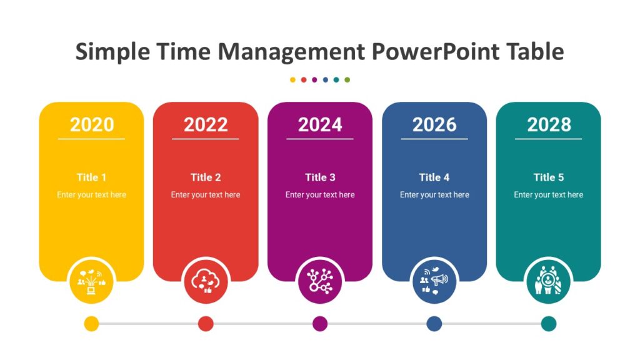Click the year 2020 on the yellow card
point(91,125)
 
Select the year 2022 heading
point(206,125)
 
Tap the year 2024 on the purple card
point(320,125)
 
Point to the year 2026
point(434,125)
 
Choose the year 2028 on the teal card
point(548,125)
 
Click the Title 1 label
point(91,177)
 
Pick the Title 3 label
point(320,177)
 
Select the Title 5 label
point(548,177)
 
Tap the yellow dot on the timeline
point(91,324)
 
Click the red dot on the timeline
point(206,324)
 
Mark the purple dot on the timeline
point(320,324)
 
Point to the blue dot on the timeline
point(434,324)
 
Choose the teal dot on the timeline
point(548,324)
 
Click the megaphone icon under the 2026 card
point(434,281)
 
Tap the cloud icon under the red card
point(206,281)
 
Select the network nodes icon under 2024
point(320,281)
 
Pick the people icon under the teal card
point(548,281)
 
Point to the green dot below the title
point(347,80)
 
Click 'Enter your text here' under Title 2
point(206,195)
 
